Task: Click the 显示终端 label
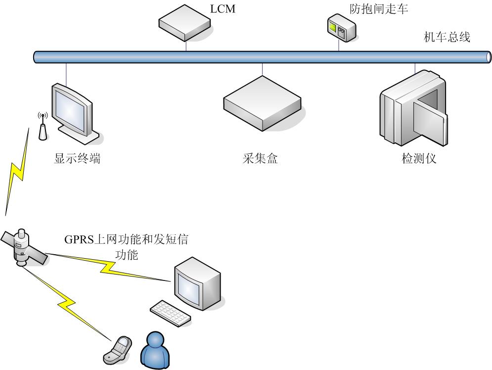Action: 77,159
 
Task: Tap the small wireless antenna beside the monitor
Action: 43,127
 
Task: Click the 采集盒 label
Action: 261,159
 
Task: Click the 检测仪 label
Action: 419,159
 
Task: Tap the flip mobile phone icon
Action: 118,348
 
